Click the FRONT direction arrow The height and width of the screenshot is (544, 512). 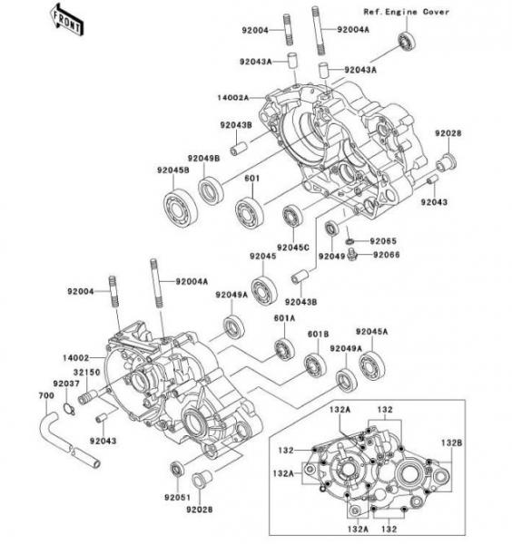click(x=66, y=19)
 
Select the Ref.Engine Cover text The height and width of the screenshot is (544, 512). click(x=406, y=12)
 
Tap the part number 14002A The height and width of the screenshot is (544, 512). click(x=233, y=98)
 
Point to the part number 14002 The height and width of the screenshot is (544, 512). click(x=75, y=357)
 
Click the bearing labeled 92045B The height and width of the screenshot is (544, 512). click(x=181, y=208)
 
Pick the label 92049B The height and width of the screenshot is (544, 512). click(x=204, y=158)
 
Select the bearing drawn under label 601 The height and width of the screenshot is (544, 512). click(x=249, y=213)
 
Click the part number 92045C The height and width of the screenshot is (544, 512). click(x=293, y=248)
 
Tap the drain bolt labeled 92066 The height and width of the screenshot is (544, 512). click(x=352, y=254)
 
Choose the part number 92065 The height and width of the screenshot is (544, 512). click(x=383, y=241)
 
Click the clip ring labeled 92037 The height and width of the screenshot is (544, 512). click(x=69, y=409)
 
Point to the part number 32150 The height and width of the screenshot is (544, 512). click(x=86, y=373)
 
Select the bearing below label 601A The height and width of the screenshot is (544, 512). click(x=284, y=349)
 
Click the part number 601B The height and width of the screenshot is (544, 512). click(x=318, y=334)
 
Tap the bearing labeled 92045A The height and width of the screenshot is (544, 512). click(x=372, y=365)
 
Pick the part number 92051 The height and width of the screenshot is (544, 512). click(x=178, y=498)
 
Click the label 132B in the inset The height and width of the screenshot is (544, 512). click(x=451, y=442)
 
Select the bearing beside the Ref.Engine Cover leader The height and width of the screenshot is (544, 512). click(x=407, y=43)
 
